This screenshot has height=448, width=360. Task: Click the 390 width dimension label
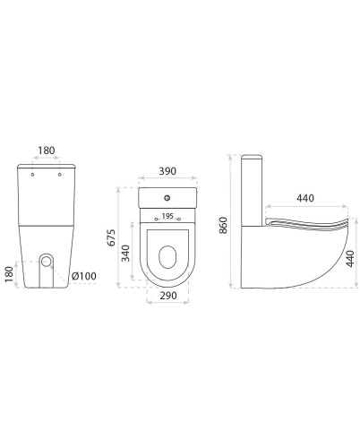(167, 171)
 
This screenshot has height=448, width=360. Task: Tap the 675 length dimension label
(111, 237)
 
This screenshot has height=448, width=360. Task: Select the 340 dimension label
(126, 254)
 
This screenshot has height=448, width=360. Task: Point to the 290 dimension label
(168, 296)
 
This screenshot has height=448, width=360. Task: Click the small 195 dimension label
(167, 216)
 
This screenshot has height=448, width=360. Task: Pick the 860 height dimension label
(223, 225)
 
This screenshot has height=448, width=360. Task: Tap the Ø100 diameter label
(84, 276)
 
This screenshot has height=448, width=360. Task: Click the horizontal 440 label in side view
(305, 198)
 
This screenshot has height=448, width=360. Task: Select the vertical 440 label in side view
(349, 259)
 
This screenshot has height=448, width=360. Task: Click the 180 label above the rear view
(47, 151)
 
